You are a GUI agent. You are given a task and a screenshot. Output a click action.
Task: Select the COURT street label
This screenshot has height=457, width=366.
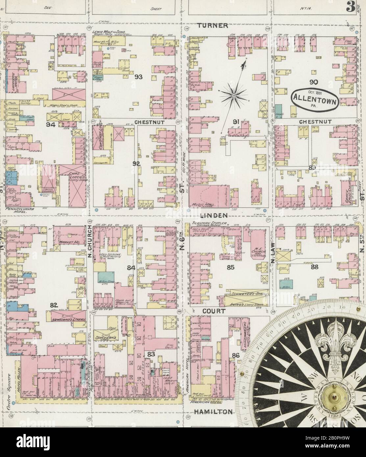coord(214,310)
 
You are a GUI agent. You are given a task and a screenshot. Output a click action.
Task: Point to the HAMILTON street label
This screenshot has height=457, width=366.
coord(213,411)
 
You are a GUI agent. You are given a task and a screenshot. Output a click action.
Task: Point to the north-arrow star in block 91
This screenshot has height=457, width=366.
coord(233,96)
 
